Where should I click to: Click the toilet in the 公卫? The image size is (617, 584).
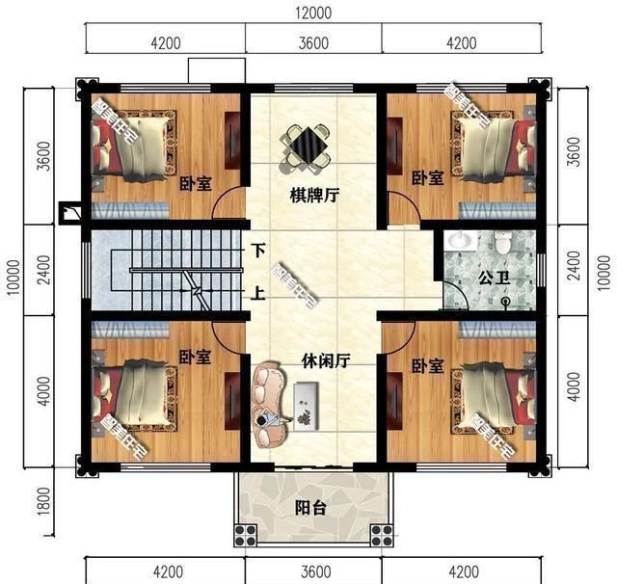point(503,246)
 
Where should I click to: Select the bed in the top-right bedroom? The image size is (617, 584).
point(493,145)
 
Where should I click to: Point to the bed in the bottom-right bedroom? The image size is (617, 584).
point(492,394)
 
